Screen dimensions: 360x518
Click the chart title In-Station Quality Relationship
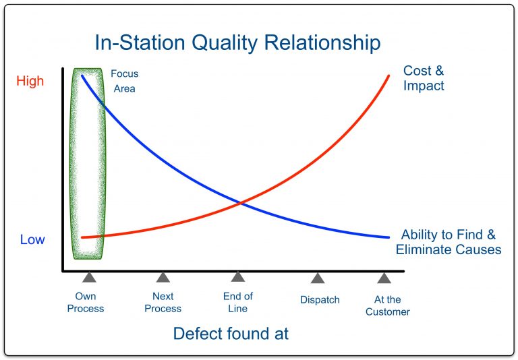tap(237, 42)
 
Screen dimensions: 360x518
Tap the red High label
tap(30, 81)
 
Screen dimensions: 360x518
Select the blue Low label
tap(32, 239)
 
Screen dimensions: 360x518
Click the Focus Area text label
tap(124, 81)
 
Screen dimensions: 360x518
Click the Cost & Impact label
tap(424, 78)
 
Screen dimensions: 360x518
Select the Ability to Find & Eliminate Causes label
tap(449, 242)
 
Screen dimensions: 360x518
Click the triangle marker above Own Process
tap(88, 277)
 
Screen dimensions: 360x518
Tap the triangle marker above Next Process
tap(163, 277)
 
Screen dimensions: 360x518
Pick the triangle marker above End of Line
tap(237, 277)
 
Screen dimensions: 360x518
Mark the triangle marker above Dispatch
tap(317, 277)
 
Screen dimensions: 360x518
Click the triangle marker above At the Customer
tap(384, 277)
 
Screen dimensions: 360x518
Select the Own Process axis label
tap(86, 302)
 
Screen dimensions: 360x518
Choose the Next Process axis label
tap(163, 302)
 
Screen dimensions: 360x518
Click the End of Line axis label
tap(237, 302)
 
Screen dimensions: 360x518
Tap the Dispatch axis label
tap(320, 299)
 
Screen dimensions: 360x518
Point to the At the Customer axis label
tap(388, 305)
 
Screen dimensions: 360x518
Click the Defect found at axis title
tap(231, 334)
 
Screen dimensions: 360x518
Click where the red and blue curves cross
tap(240, 202)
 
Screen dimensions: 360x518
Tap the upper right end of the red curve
tap(389, 75)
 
